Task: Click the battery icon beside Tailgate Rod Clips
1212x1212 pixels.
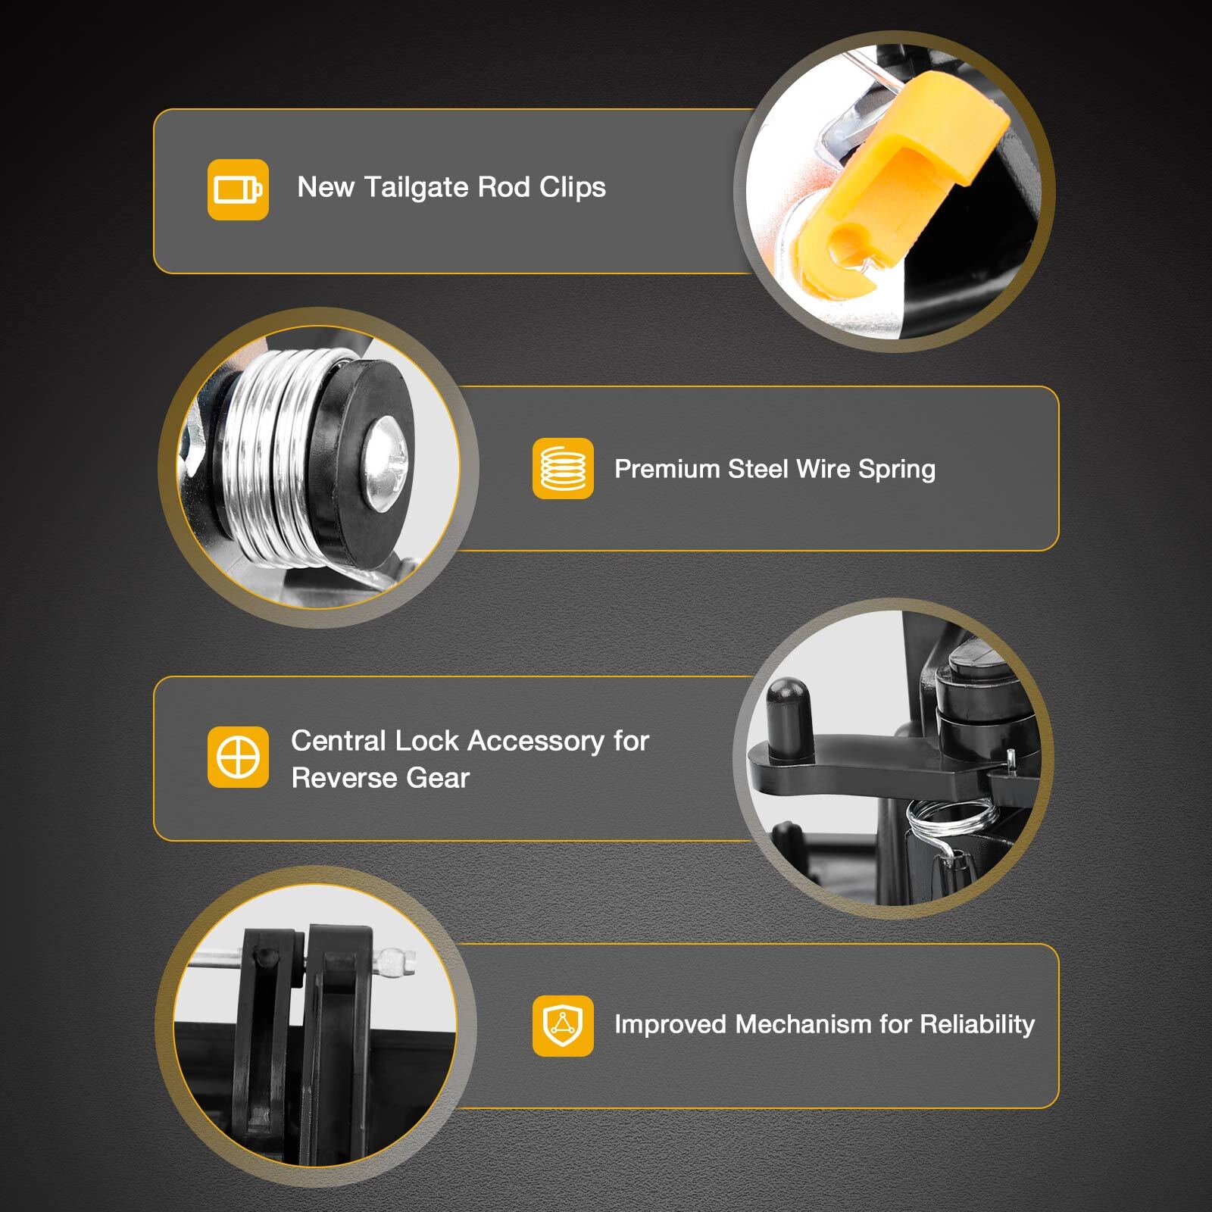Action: [x=238, y=189]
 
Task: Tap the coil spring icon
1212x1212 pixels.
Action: [x=563, y=469]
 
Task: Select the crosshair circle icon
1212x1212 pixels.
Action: [x=238, y=757]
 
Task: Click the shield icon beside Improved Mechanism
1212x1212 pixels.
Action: [x=563, y=1026]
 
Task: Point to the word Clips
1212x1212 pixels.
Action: [x=573, y=187]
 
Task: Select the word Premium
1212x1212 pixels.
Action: [x=667, y=469]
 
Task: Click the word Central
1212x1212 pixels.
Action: [x=337, y=741]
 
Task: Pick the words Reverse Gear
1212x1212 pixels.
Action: [x=380, y=778]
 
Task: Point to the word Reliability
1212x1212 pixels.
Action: [x=977, y=1025]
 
